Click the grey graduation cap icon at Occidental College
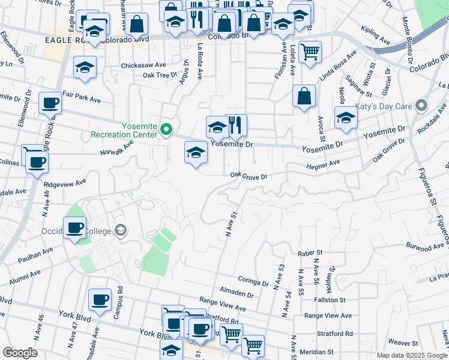tap(121, 230)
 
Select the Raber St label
tap(311, 253)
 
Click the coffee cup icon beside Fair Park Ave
tap(50, 103)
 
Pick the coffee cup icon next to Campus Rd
tap(100, 299)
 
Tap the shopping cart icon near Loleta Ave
tap(310, 52)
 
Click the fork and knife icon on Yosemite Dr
tap(236, 125)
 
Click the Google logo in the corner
tap(20, 353)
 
